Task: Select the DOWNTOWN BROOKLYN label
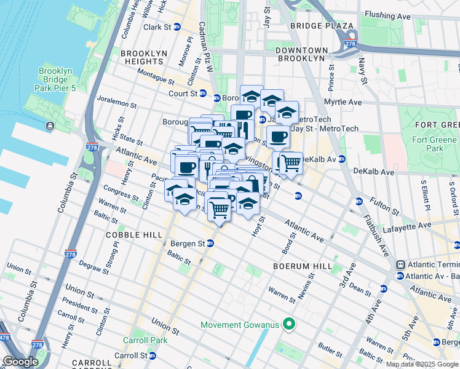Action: click(300, 54)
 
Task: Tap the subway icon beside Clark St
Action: click(177, 27)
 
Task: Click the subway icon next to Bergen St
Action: click(210, 244)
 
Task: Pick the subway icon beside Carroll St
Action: click(153, 355)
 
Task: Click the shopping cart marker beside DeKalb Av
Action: click(291, 163)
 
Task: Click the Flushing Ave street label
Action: click(403, 14)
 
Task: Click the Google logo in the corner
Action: click(20, 362)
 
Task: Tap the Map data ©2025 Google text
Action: click(421, 364)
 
